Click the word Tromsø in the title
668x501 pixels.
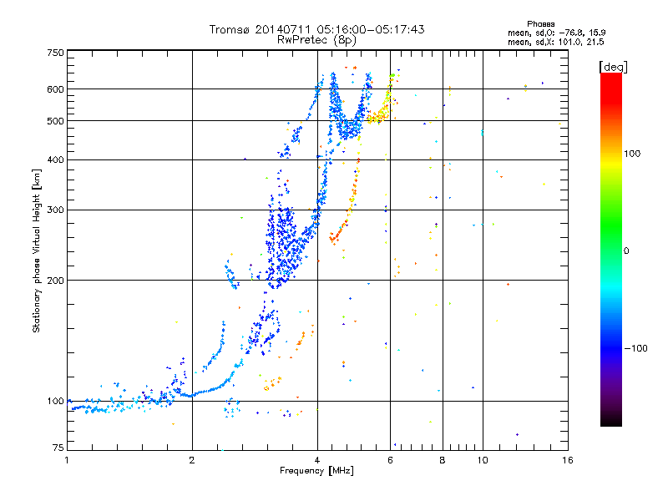pos(229,29)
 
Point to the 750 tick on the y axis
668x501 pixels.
pos(55,53)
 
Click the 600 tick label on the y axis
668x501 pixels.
pos(55,89)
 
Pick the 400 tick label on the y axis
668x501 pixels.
pos(55,160)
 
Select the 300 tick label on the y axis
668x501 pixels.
pos(55,210)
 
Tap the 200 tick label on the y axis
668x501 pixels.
pos(55,281)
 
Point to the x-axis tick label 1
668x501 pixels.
pos(67,459)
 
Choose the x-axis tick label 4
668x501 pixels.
pos(316,459)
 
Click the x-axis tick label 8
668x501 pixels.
pos(442,459)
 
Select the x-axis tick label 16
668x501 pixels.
pos(565,459)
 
